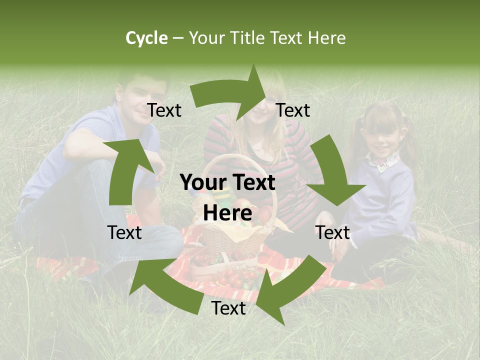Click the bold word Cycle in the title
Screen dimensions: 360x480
coord(146,38)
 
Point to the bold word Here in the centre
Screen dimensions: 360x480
coord(227,213)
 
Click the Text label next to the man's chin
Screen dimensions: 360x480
coord(164,110)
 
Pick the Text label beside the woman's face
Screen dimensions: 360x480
coord(293,110)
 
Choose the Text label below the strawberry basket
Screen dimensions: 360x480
coord(228,308)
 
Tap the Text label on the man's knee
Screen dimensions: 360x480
coord(124,232)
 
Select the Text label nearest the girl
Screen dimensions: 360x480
coord(332,232)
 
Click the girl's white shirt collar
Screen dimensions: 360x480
coord(385,161)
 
